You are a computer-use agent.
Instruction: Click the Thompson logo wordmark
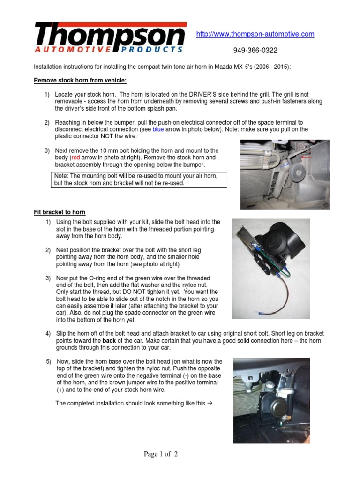pos(110,35)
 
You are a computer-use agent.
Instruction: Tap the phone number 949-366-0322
pos(255,50)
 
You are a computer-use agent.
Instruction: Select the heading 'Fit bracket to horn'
pos(60,212)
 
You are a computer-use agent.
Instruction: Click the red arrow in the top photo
pos(307,158)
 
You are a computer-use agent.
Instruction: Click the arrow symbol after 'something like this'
pos(210,403)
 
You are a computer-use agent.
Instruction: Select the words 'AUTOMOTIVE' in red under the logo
pos(73,49)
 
